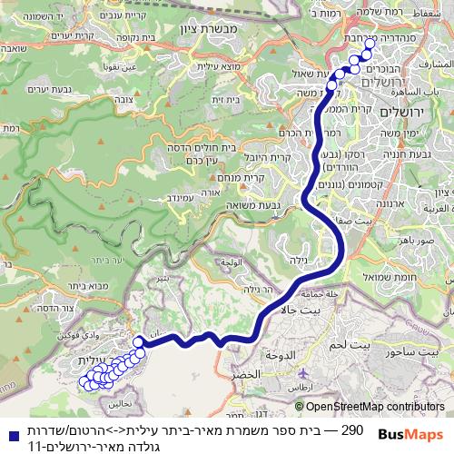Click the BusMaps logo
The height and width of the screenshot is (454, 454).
(412, 434)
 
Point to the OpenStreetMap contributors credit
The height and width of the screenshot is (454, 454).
(372, 407)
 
